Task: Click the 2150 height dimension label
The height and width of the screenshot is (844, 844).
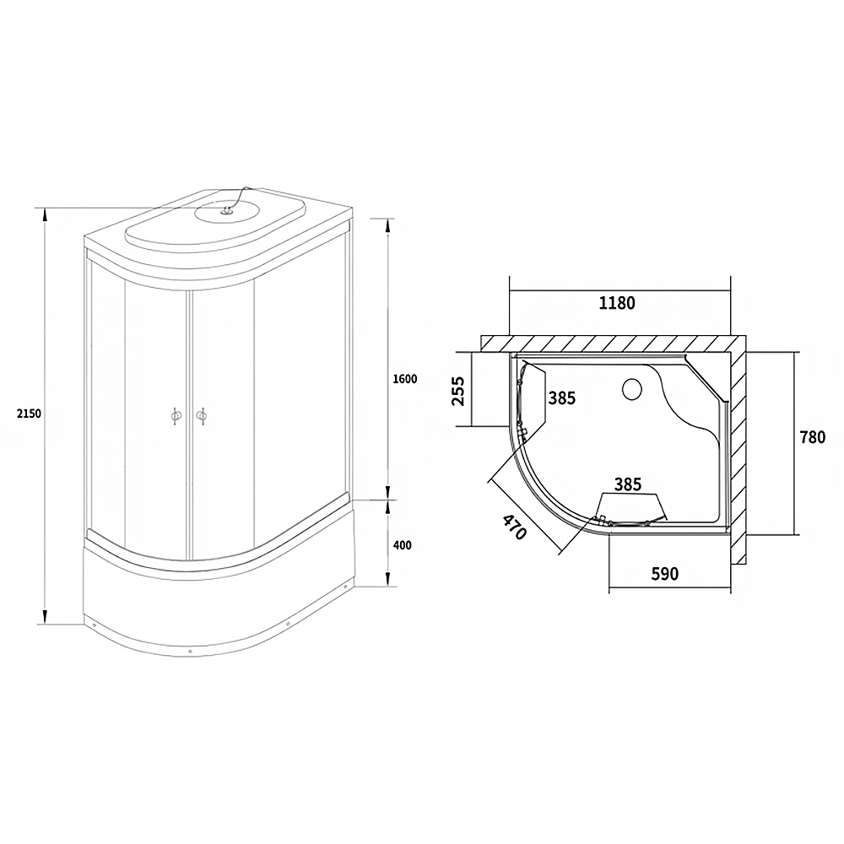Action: point(29,414)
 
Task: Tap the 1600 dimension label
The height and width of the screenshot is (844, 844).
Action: point(405,379)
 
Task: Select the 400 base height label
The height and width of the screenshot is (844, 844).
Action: point(402,545)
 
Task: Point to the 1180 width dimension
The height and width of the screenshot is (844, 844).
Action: point(617,303)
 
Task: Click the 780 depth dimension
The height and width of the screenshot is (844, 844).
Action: point(812,437)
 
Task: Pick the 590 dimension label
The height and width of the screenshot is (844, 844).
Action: point(665,574)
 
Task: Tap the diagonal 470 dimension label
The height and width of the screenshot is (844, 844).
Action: point(514,527)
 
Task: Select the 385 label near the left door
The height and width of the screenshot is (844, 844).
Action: point(562,398)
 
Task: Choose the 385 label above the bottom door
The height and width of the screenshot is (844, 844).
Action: point(628,484)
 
